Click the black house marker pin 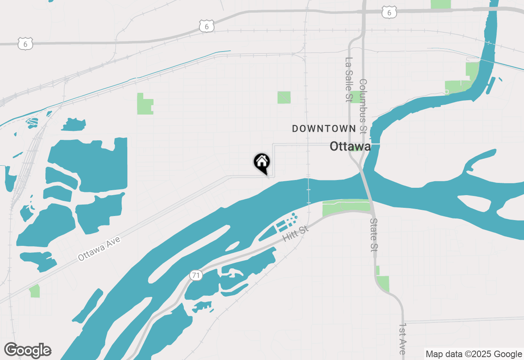point(262,163)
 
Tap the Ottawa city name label point(350,146)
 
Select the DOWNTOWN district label point(324,128)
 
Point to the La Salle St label point(349,79)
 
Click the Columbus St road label point(363,106)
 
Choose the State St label point(374,235)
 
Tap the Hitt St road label point(296,233)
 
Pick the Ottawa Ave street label point(99,249)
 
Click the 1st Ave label point(402,339)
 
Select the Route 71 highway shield point(196,275)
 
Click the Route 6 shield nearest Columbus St point(389,13)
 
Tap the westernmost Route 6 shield point(25,43)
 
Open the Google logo point(28,350)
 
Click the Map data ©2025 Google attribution point(473,354)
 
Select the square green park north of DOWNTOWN point(284,97)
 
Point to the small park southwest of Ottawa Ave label point(35,291)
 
